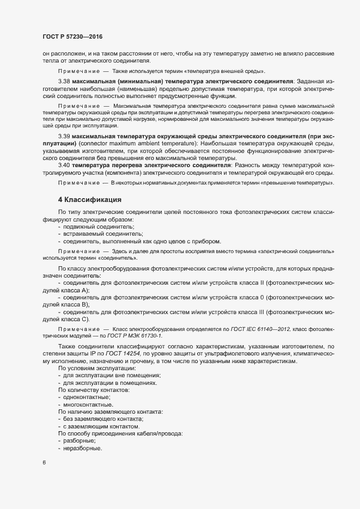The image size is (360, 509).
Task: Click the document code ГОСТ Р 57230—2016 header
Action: point(72,37)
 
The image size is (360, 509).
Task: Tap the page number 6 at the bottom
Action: point(44,463)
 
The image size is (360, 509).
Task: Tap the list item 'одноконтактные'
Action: point(87,397)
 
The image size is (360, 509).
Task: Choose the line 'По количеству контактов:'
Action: point(94,390)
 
